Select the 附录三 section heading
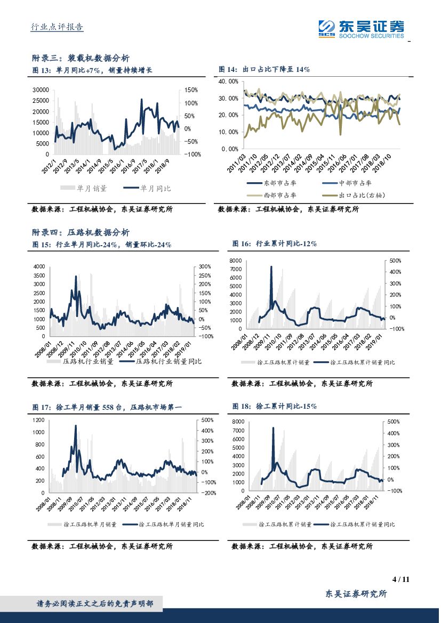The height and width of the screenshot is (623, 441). click(x=81, y=58)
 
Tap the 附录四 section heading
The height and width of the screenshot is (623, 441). click(x=81, y=232)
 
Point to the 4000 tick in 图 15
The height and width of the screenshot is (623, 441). click(x=38, y=266)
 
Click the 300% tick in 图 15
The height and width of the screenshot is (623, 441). click(x=205, y=266)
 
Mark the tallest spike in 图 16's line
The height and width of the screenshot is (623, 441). click(x=271, y=267)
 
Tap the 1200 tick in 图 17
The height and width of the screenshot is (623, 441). click(x=37, y=420)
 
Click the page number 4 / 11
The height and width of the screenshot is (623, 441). click(x=400, y=579)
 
